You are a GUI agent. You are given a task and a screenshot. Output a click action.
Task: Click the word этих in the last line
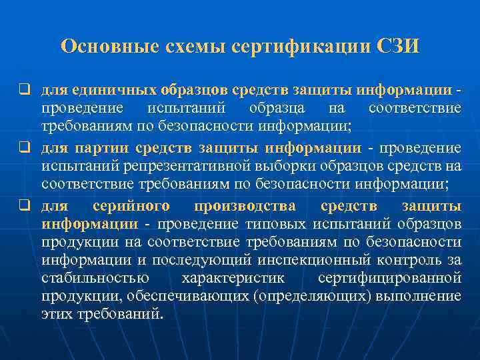[57, 313]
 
